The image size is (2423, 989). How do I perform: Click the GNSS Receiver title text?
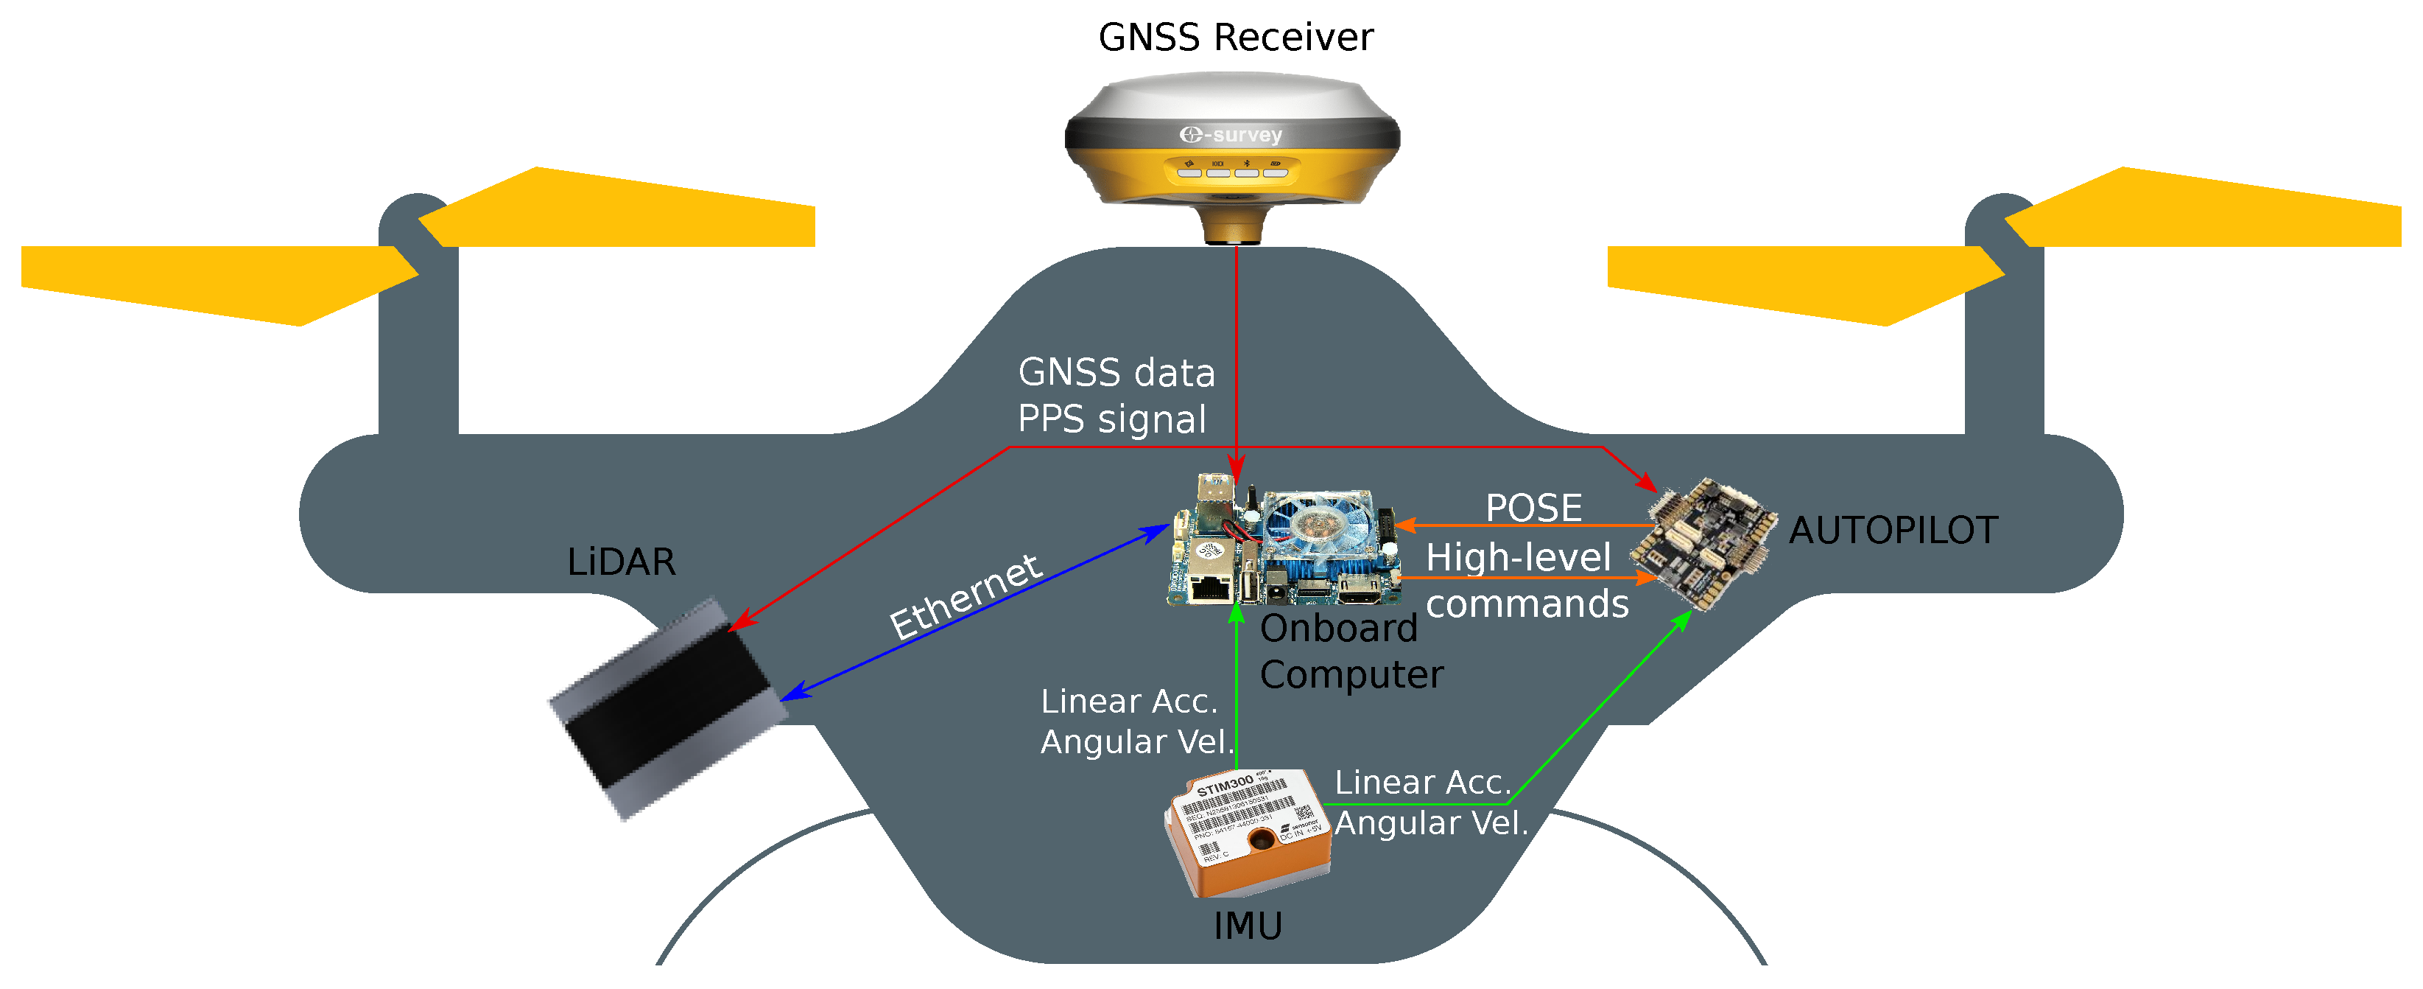coord(1235,38)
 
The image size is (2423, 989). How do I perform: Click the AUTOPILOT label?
coord(1893,531)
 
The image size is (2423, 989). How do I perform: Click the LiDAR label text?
coord(621,563)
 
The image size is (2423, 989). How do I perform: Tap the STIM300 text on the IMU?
coord(1225,785)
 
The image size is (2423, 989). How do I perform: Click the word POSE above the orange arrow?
coord(1533,509)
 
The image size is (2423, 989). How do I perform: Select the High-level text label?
coord(1518,557)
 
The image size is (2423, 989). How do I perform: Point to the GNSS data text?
coord(1116,373)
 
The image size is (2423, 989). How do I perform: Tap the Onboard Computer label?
coord(1350,651)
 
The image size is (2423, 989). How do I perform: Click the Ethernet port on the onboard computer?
coord(1209,586)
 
